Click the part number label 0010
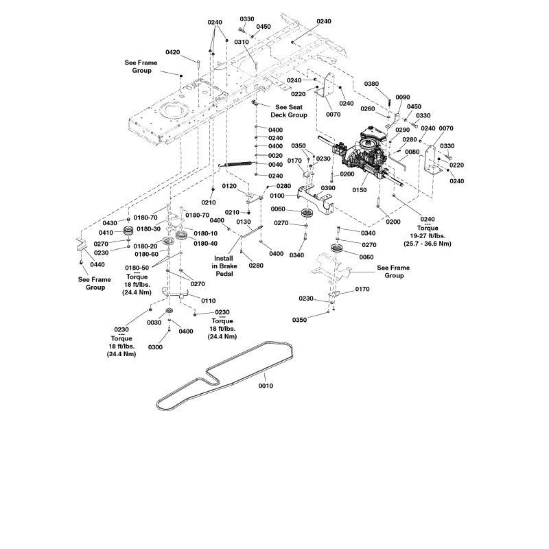[x=266, y=386]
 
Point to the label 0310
[x=241, y=42]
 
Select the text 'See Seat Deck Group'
[x=291, y=111]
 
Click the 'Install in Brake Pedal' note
[x=224, y=266]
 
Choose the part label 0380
[x=390, y=84]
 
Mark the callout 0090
[x=403, y=97]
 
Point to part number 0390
[x=328, y=188]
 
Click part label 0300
[x=155, y=347]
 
